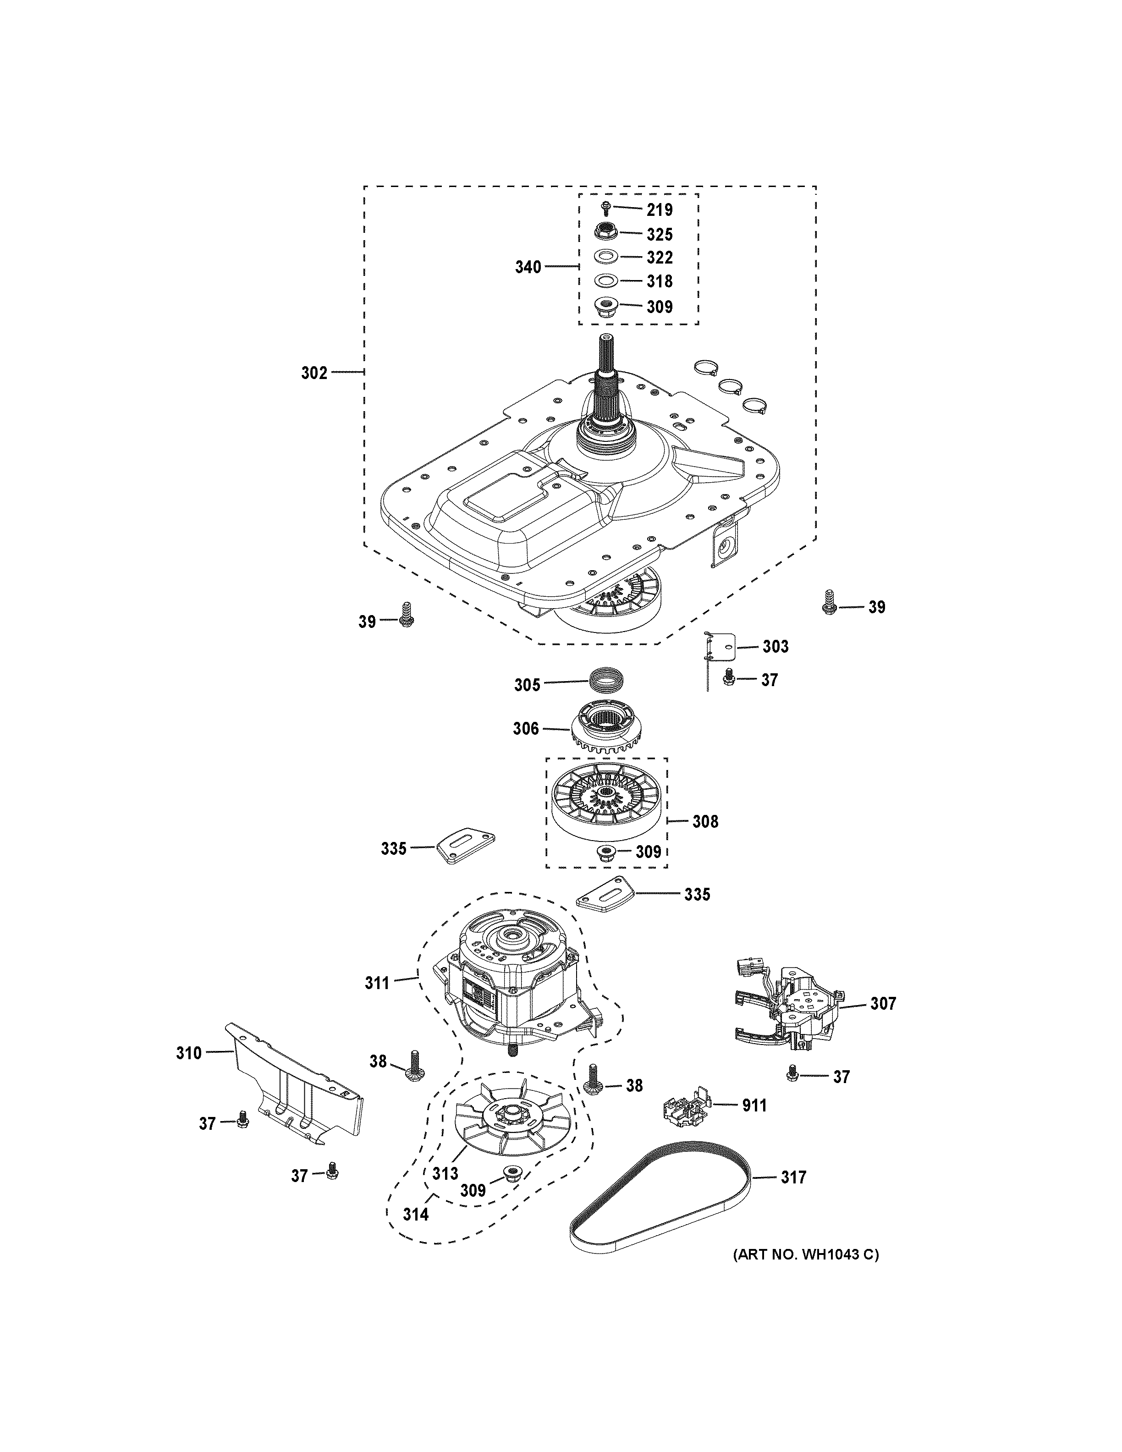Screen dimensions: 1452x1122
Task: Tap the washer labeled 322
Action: (x=605, y=257)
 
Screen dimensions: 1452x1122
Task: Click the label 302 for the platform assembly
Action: (x=314, y=373)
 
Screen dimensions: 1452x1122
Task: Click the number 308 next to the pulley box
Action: (x=705, y=822)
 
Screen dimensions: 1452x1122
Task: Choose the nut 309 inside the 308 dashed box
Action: (x=605, y=852)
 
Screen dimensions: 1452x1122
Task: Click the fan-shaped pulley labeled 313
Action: (x=508, y=1122)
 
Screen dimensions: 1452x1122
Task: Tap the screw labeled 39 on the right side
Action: (x=828, y=602)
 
